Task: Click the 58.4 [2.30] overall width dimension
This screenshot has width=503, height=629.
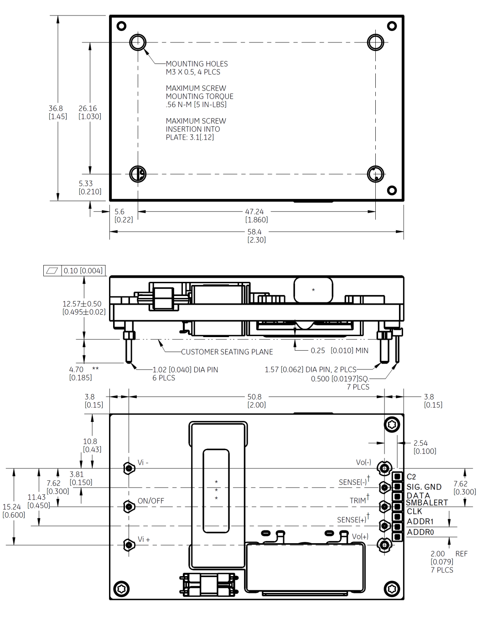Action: click(x=256, y=235)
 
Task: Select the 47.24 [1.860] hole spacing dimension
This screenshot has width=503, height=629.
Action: click(x=256, y=215)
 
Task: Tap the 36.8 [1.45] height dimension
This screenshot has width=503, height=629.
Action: click(x=57, y=112)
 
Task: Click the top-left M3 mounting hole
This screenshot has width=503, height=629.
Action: click(x=138, y=42)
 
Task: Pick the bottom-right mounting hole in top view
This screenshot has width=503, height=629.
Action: click(x=375, y=174)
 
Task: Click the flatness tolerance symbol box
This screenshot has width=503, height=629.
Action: click(x=52, y=270)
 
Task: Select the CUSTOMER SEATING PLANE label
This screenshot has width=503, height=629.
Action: click(x=227, y=352)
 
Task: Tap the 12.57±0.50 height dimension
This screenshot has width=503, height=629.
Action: click(x=83, y=307)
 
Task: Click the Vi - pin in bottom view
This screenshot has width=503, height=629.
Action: click(x=129, y=468)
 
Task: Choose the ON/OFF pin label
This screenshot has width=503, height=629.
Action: click(x=150, y=501)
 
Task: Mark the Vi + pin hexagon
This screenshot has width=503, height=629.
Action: click(x=129, y=545)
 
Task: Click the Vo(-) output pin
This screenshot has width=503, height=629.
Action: click(x=384, y=468)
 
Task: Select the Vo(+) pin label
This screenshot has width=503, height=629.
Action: click(x=360, y=536)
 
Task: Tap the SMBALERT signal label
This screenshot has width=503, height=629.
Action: click(x=427, y=503)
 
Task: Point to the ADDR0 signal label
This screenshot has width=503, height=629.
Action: click(x=420, y=532)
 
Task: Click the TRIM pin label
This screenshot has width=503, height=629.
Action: click(x=358, y=500)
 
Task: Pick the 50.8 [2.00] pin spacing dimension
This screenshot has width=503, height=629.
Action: click(x=256, y=400)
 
